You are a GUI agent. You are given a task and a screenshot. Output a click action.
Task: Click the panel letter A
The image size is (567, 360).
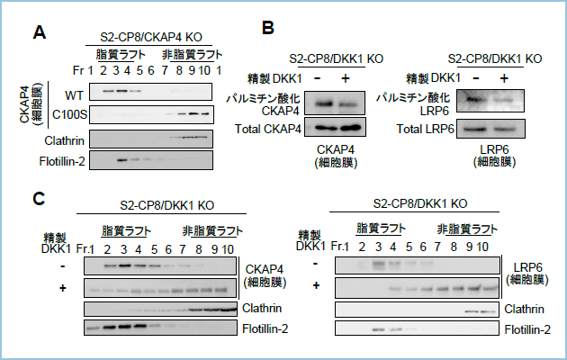(40, 33)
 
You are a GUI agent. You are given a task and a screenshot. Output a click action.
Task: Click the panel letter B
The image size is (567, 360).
(267, 28)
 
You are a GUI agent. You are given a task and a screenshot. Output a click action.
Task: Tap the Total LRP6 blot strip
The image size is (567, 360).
(495, 129)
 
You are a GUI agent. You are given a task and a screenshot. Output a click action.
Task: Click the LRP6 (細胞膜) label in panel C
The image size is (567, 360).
(527, 275)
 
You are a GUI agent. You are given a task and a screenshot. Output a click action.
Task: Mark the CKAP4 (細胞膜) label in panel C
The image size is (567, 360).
(267, 275)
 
